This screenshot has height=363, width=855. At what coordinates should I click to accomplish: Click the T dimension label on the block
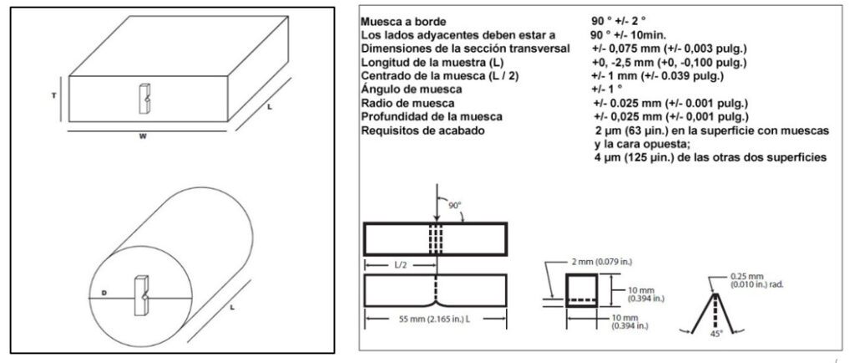pyautogui.click(x=54, y=95)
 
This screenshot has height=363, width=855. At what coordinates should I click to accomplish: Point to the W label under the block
pyautogui.click(x=143, y=136)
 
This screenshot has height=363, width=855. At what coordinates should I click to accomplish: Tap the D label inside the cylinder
pyautogui.click(x=104, y=294)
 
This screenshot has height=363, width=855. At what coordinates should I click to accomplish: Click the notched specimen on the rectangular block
pyautogui.click(x=144, y=98)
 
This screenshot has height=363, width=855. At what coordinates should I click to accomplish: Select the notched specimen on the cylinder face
pyautogui.click(x=142, y=295)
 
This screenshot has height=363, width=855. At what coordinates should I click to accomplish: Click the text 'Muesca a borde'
pyautogui.click(x=403, y=23)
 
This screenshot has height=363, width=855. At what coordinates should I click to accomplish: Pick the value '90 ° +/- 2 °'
pyautogui.click(x=619, y=23)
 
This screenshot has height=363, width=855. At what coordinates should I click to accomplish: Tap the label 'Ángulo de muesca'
pyautogui.click(x=411, y=89)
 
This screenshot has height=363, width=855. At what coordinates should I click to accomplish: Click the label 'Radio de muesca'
pyautogui.click(x=407, y=103)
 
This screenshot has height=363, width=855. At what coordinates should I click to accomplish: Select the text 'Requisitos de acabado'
pyautogui.click(x=422, y=130)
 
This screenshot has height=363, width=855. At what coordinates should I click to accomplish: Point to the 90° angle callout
pyautogui.click(x=455, y=205)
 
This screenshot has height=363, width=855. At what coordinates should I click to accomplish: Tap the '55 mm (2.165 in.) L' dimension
pyautogui.click(x=434, y=320)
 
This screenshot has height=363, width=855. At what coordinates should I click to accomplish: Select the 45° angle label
pyautogui.click(x=716, y=333)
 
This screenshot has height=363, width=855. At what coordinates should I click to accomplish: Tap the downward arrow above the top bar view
pyautogui.click(x=437, y=202)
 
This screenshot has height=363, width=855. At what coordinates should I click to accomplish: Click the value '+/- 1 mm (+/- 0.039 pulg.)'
pyautogui.click(x=658, y=76)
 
